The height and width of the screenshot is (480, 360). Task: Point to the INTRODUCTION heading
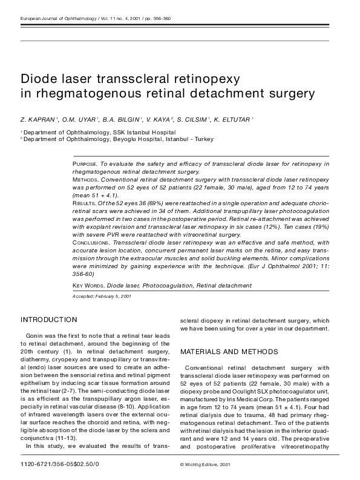point(49,319)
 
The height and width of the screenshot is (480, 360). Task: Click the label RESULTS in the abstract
point(85,204)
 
